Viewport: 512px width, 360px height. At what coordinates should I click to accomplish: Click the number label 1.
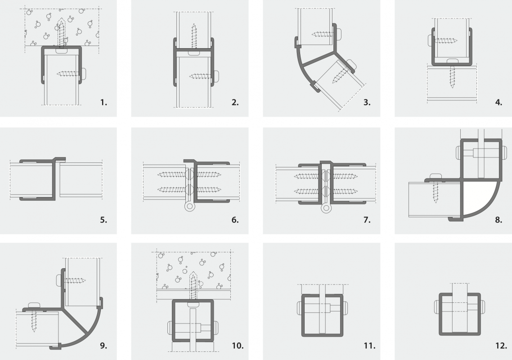pos(104,103)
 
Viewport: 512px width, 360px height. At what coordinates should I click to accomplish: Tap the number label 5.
pos(103,220)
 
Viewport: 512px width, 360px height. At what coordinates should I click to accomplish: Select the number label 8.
pos(498,220)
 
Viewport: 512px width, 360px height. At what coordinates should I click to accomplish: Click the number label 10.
pos(238,346)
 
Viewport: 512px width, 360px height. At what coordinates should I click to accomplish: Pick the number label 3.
pos(367,103)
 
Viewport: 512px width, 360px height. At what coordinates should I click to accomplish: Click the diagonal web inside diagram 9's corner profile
pos(76,321)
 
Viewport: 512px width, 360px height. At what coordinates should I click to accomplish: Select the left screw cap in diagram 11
pos(300,308)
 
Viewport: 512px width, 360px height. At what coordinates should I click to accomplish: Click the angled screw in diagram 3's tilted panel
pos(338,76)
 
